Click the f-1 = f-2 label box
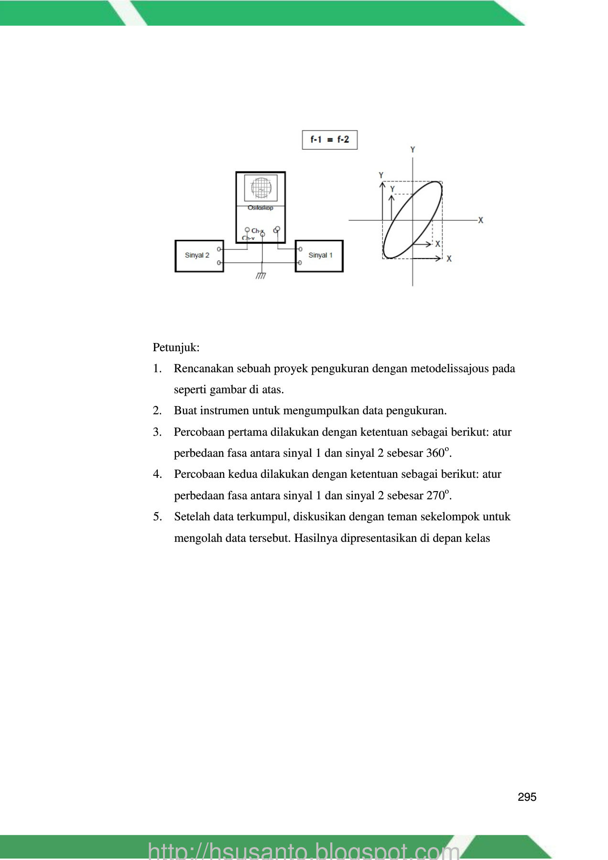[x=329, y=140]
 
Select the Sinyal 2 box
[x=199, y=256]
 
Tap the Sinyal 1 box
[x=319, y=256]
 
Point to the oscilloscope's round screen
[x=261, y=188]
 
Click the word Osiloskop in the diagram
[x=261, y=208]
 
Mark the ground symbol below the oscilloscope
[x=261, y=276]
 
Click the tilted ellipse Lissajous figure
[x=412, y=220]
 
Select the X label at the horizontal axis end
[x=481, y=220]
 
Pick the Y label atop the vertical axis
[x=413, y=150]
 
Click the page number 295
[x=527, y=797]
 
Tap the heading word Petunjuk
[x=176, y=348]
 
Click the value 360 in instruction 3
[x=435, y=453]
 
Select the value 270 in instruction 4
[x=435, y=496]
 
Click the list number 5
[x=157, y=517]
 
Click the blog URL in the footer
[x=304, y=850]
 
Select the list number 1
[x=157, y=369]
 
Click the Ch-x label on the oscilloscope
[x=257, y=231]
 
